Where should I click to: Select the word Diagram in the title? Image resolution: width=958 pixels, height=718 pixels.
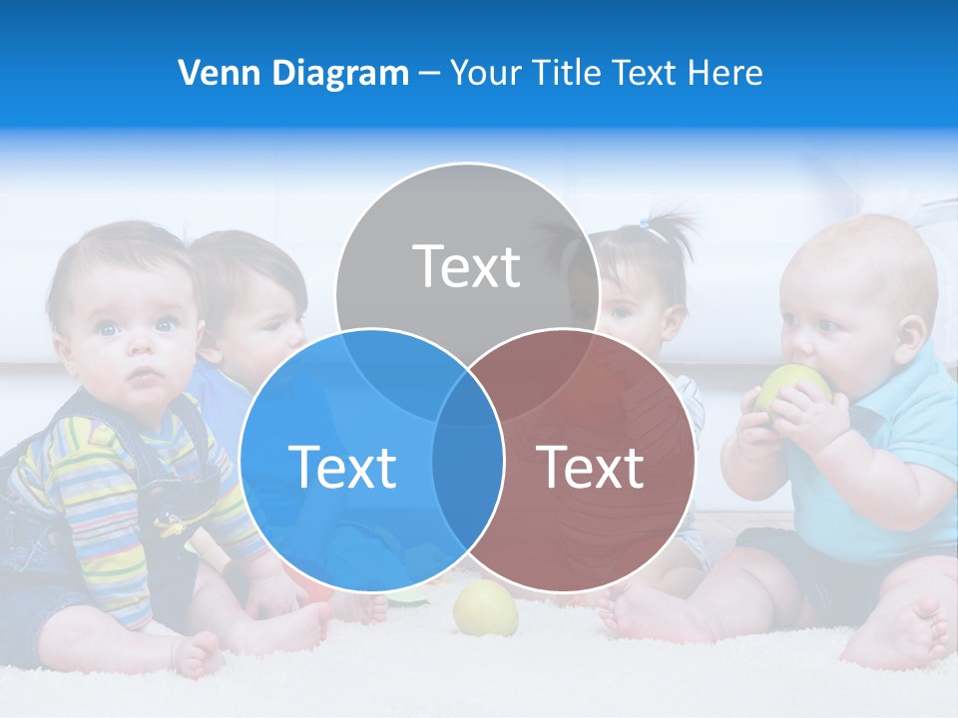point(337,73)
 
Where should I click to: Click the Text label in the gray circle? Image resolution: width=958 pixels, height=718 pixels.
point(467,266)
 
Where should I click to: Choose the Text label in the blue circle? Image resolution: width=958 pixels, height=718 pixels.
point(342,467)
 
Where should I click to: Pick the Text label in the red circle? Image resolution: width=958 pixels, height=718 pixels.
point(591,467)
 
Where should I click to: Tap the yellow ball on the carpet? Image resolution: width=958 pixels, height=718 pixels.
point(486,608)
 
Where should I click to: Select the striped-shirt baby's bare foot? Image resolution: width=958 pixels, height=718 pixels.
point(200,653)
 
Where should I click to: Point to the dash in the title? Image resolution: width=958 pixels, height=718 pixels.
point(429,74)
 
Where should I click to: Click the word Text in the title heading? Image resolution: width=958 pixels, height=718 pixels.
point(644,73)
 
